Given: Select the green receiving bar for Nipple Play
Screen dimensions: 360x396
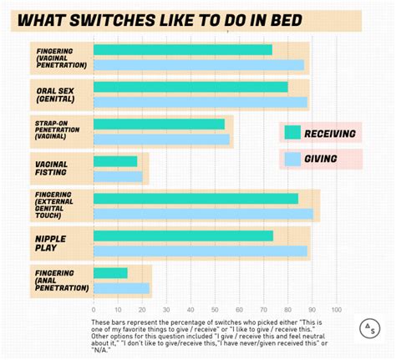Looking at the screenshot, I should pos(183,236).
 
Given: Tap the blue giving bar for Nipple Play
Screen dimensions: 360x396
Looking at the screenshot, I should pos(200,251).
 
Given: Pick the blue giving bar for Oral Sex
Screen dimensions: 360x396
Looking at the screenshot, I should pos(200,102).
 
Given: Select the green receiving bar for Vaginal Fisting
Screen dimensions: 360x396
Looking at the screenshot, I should pos(115,161).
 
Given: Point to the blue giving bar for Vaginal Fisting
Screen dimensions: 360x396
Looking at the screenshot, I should pos(118,176).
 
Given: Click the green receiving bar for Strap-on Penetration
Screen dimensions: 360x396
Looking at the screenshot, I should pos(159,124).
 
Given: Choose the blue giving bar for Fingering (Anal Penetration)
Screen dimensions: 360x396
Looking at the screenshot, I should pos(121,288).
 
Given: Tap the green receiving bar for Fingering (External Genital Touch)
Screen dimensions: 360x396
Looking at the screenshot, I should pos(195,199).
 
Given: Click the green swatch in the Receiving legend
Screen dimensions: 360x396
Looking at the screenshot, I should pos(292,133).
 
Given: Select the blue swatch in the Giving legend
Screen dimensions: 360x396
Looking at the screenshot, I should pos(292,159).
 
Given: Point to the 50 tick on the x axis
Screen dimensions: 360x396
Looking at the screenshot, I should pos(215,309).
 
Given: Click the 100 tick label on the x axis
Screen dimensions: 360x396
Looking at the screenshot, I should pos(337,309).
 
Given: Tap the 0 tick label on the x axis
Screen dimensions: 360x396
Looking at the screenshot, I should pos(94,309).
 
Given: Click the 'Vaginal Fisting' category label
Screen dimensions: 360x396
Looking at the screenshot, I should pos(53,168).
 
